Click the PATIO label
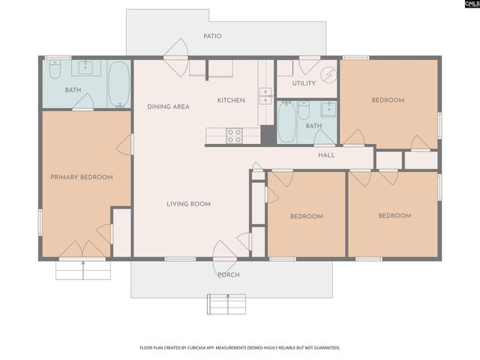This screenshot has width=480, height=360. (212, 36)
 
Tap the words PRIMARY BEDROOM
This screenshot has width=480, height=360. (81, 178)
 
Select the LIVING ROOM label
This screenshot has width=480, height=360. (188, 204)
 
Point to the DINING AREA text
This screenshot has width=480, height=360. (168, 107)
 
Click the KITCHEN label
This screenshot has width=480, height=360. (231, 100)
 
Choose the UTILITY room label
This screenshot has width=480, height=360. (304, 83)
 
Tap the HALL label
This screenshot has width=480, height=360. (326, 155)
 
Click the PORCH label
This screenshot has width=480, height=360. (228, 275)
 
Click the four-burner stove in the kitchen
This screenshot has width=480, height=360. (234, 136)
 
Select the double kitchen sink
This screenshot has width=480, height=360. (265, 95)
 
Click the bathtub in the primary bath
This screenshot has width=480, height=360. (118, 85)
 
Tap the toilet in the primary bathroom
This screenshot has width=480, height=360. (55, 70)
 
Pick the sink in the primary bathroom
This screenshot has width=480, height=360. (85, 68)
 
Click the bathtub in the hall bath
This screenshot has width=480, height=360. (287, 123)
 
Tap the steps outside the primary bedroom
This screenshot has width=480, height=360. (83, 269)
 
